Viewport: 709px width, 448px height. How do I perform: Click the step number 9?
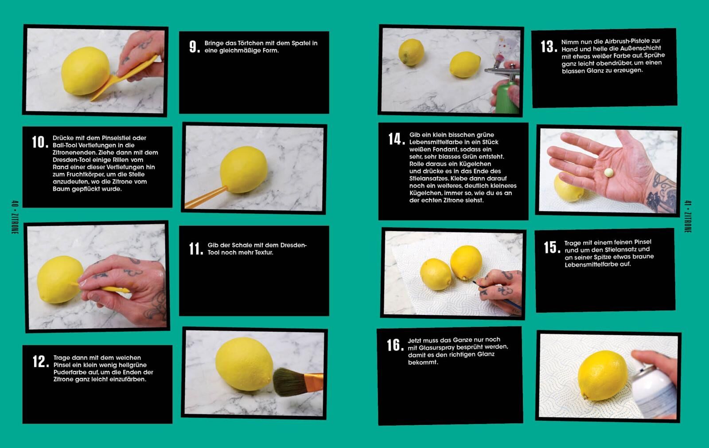click(x=195, y=47)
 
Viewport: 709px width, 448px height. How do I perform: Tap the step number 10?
click(x=40, y=142)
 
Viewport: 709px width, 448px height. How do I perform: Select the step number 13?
click(x=549, y=47)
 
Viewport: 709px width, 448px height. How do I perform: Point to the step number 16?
click(x=395, y=345)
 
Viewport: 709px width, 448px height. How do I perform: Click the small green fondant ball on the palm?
click(x=609, y=173)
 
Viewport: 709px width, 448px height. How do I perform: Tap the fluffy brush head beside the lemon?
click(x=287, y=381)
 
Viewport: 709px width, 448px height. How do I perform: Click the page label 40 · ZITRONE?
click(x=15, y=217)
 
